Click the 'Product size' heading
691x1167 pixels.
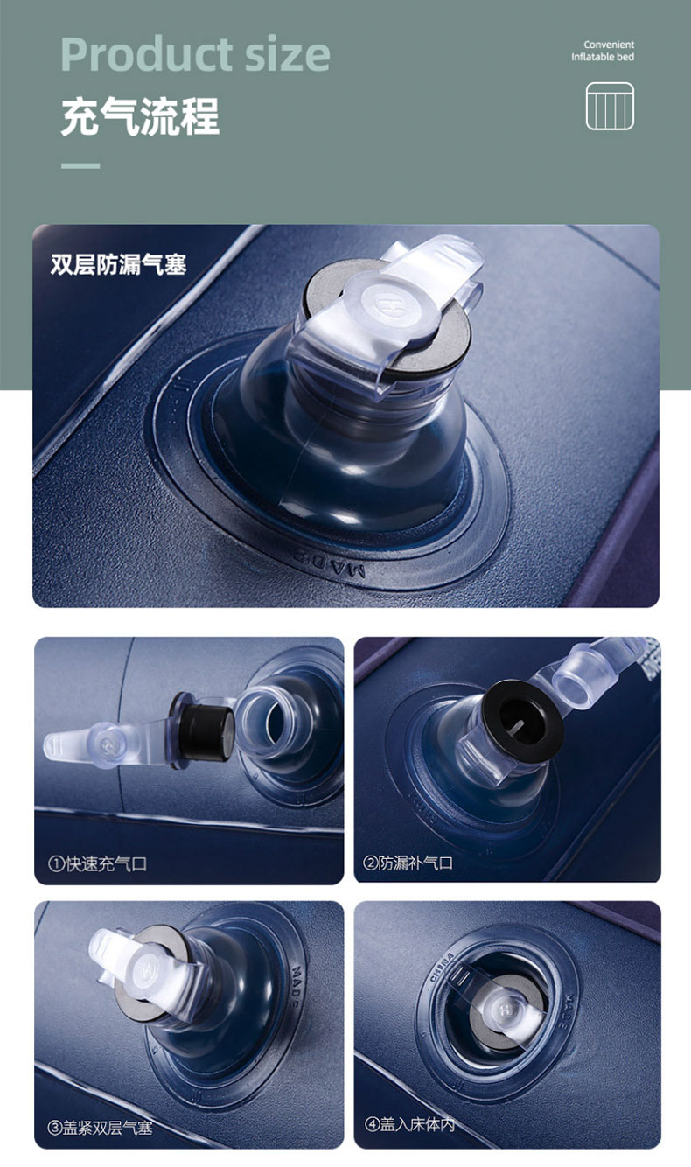point(195,55)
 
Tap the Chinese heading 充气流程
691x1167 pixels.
point(140,116)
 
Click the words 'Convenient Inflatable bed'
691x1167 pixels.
point(603,51)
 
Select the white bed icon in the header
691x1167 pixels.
point(610,106)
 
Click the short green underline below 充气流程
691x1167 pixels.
point(80,165)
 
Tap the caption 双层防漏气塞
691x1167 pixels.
point(118,265)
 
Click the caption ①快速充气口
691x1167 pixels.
point(97,863)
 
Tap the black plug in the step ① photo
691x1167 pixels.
point(204,728)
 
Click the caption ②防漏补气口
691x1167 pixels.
point(408,863)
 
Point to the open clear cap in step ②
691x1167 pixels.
point(583,678)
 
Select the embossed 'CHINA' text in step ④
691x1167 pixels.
point(442,967)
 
